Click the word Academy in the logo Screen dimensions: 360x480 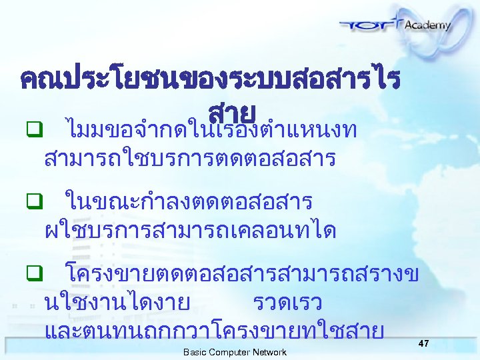click(x=427, y=25)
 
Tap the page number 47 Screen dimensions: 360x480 click(x=423, y=343)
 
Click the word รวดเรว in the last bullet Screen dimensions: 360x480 click(x=288, y=303)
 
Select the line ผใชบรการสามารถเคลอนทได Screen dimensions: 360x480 click(x=189, y=231)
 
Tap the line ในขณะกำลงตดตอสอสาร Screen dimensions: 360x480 click(x=188, y=200)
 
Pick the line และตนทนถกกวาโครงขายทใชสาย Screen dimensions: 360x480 click(x=213, y=331)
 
